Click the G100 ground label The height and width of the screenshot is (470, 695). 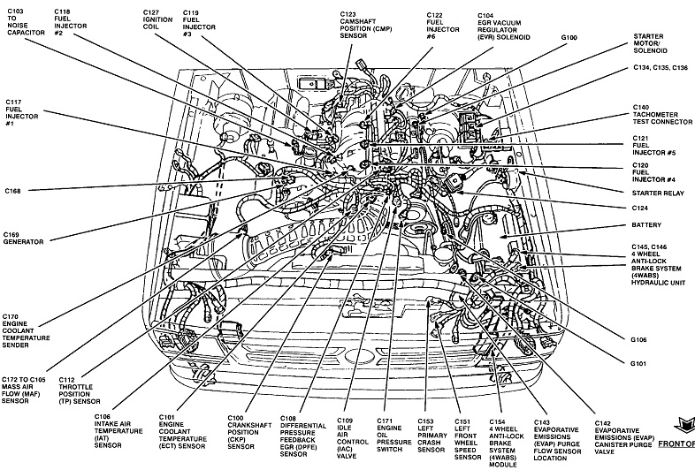[x=569, y=38]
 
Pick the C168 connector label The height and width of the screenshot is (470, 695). [x=11, y=191]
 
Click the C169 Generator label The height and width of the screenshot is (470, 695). [x=23, y=239]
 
